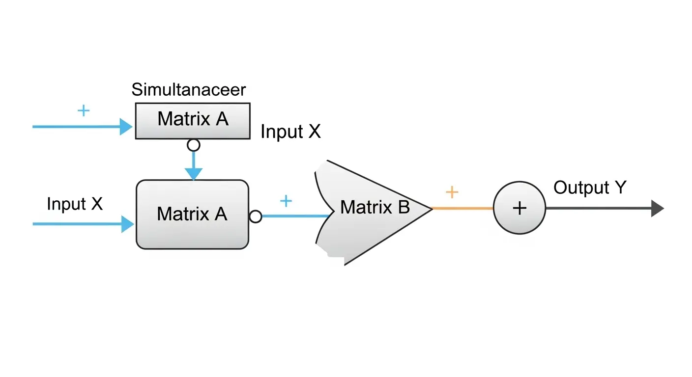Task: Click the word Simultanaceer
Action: (x=189, y=90)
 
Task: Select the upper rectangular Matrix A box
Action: (x=193, y=120)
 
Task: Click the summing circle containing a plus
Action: (x=519, y=208)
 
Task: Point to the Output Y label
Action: (x=590, y=188)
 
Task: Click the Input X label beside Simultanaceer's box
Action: (x=290, y=132)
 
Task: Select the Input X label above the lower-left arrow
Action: (x=75, y=204)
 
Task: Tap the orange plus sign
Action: (x=451, y=192)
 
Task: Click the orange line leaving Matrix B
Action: (x=462, y=209)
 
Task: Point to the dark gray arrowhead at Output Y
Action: (x=657, y=208)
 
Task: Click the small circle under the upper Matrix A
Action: (x=194, y=145)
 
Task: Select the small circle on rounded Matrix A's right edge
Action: (x=256, y=216)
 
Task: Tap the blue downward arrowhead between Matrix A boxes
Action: (x=194, y=173)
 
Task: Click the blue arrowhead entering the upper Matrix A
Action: (x=127, y=127)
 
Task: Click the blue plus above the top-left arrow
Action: (x=84, y=110)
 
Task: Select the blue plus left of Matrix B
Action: (x=286, y=200)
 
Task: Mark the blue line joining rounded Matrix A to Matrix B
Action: (x=295, y=216)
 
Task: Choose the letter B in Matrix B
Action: (x=404, y=207)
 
